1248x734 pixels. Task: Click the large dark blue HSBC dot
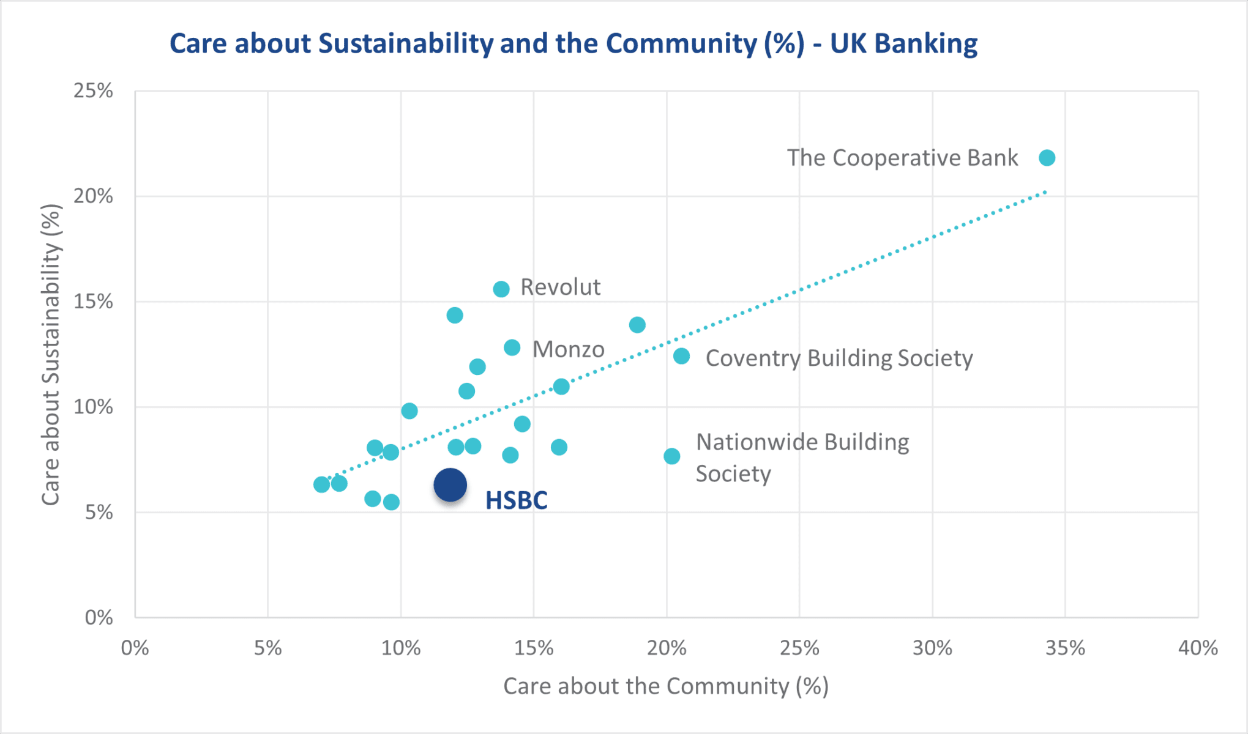coord(450,485)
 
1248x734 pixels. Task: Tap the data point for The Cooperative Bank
coord(1047,158)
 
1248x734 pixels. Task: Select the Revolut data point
coord(501,289)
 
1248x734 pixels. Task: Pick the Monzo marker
coord(512,348)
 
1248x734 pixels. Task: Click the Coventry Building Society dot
coord(681,356)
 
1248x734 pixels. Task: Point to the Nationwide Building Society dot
coord(671,456)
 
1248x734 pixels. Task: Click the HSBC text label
coord(516,500)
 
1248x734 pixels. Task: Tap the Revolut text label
coord(560,287)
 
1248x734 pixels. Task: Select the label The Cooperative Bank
coord(902,158)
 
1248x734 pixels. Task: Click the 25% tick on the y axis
coord(94,91)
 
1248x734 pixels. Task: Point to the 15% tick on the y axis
coord(94,302)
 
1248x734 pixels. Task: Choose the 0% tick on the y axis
coord(99,617)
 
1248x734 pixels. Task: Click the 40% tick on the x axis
coord(1198,648)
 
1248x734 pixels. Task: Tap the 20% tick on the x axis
coord(667,648)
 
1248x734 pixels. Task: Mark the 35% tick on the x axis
coord(1065,648)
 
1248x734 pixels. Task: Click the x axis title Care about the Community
coord(666,686)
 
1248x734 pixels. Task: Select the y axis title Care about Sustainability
coord(51,355)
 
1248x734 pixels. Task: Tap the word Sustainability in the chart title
coord(406,44)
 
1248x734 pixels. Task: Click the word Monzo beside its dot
coord(568,349)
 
